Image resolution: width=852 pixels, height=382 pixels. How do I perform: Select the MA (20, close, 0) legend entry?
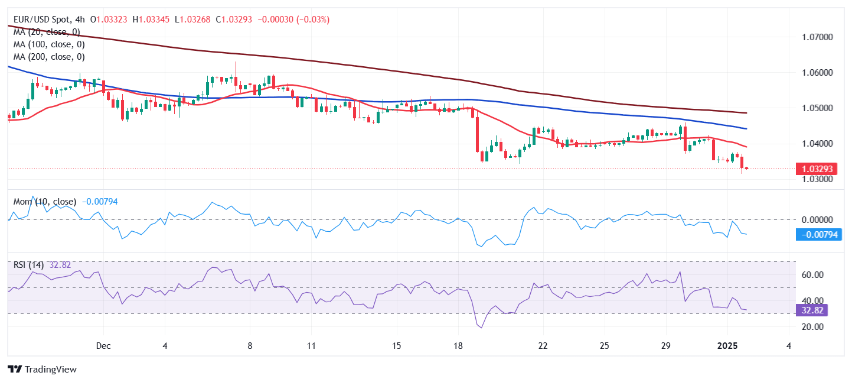tap(47, 32)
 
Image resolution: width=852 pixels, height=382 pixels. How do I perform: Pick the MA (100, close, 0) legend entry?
tap(49, 44)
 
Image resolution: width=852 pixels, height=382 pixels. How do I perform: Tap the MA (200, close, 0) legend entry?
tap(49, 57)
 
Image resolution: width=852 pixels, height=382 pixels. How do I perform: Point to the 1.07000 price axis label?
tap(817, 37)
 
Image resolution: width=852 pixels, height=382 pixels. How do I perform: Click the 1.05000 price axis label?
tap(817, 108)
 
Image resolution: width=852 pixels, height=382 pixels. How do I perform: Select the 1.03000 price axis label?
tap(817, 179)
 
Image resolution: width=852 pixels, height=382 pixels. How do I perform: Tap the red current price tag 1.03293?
tap(817, 169)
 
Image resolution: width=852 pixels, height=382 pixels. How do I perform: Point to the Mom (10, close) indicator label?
tap(45, 202)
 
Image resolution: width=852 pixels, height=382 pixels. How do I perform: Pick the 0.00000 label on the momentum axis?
tap(817, 219)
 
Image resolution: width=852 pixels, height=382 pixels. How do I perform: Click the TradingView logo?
tap(43, 370)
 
